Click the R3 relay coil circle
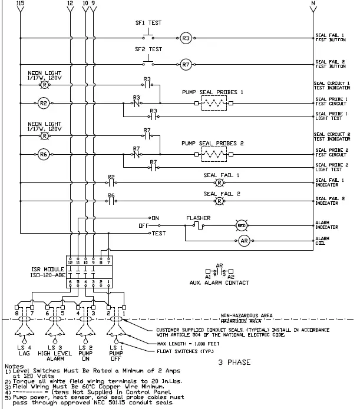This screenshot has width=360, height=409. pos(186,38)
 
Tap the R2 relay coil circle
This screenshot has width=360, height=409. pos(44,103)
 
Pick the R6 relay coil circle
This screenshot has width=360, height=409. pos(44,155)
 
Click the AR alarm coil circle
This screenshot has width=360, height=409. pos(245,241)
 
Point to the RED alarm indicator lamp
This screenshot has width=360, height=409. pos(242,225)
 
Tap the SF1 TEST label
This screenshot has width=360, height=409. pos(148,24)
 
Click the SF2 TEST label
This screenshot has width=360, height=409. pos(148,49)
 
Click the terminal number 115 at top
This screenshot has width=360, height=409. pos(21,4)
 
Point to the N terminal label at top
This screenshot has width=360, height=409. pos(312,4)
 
